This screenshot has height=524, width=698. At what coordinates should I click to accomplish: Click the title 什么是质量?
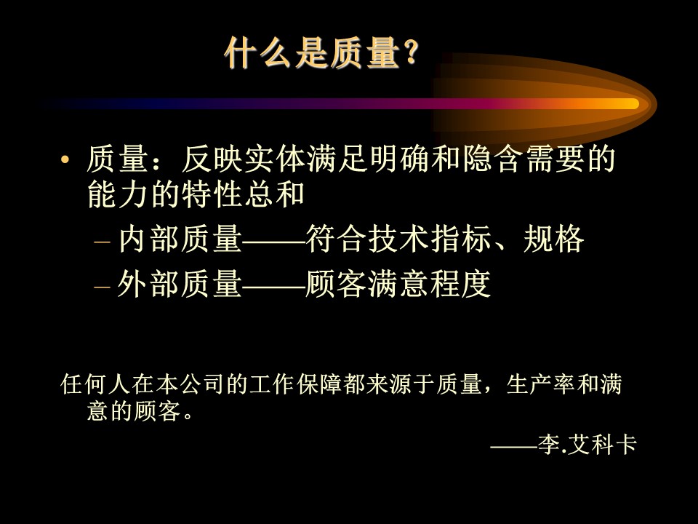tap(322, 53)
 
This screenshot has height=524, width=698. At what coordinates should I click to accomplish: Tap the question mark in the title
tap(411, 53)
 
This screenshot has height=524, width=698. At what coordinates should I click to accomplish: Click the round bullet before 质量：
tap(65, 159)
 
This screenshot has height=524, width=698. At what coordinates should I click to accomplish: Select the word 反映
tap(212, 159)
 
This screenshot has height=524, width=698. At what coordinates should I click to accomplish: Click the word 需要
tap(554, 159)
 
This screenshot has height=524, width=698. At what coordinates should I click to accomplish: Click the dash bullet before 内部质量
tap(102, 242)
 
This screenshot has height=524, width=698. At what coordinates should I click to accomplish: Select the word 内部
tap(149, 239)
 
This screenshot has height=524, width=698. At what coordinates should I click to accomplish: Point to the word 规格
tap(553, 239)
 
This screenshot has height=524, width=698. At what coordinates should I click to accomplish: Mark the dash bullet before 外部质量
tap(102, 287)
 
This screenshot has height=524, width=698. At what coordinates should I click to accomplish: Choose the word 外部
tap(149, 284)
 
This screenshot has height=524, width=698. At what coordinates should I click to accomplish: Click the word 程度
tap(460, 284)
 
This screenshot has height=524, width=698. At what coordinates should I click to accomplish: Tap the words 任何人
tap(95, 384)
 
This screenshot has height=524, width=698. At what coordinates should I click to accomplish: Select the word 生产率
tap(540, 384)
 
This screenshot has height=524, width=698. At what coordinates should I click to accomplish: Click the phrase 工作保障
tap(296, 384)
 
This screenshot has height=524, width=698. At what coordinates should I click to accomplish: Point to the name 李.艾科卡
tap(587, 444)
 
